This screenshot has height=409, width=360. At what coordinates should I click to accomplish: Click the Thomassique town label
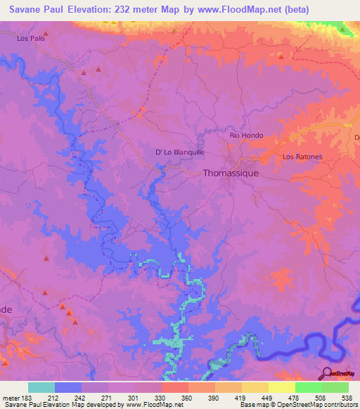click(231, 172)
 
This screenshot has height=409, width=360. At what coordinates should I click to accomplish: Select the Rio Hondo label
click(246, 135)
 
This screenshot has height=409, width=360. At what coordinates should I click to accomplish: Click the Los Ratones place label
click(302, 157)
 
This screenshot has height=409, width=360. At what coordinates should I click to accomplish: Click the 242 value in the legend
click(81, 397)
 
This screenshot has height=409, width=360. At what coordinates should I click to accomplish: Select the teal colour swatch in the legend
click(41, 387)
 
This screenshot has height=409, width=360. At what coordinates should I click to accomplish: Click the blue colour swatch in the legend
click(68, 387)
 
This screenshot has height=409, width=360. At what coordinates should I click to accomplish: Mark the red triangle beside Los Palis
click(46, 32)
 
